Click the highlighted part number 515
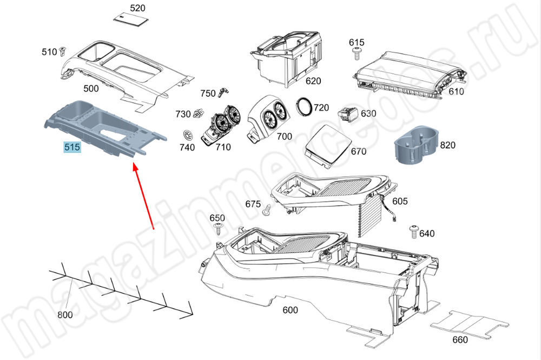pyautogui.click(x=72, y=147)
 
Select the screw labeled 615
pyautogui.click(x=357, y=52)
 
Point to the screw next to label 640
pyautogui.click(x=413, y=231)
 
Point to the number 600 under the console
pyautogui.click(x=291, y=310)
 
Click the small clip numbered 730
pyautogui.click(x=198, y=113)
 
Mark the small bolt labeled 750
pyautogui.click(x=221, y=94)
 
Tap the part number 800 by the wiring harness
pyautogui.click(x=65, y=315)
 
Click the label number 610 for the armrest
pyautogui.click(x=456, y=91)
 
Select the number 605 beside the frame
pyautogui.click(x=400, y=202)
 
